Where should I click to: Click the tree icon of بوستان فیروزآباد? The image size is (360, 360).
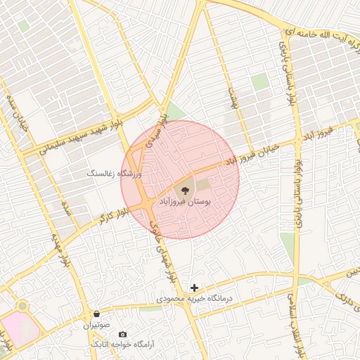[x=185, y=188]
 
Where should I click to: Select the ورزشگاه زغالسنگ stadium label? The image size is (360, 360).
[x=114, y=172]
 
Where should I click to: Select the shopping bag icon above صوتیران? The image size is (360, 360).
[x=96, y=314]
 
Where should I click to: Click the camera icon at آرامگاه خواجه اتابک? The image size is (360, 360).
[x=123, y=334]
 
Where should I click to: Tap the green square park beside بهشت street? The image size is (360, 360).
[x=260, y=82]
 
